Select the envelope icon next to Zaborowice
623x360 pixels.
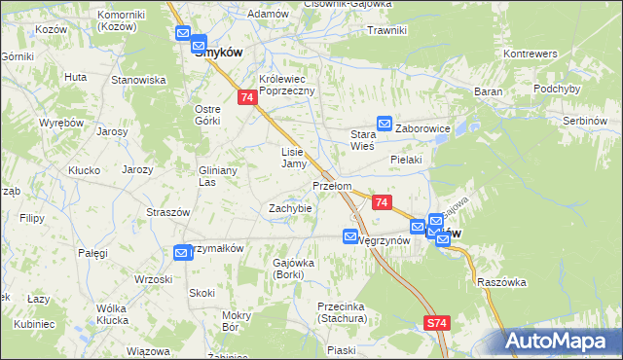(385, 124)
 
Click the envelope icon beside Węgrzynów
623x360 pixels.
(350, 235)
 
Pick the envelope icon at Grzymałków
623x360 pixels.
(181, 253)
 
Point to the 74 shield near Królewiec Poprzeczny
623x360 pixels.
(247, 98)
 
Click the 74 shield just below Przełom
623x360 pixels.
(382, 202)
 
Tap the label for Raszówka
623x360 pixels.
(502, 282)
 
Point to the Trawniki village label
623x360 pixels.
(386, 30)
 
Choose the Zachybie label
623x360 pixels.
(290, 208)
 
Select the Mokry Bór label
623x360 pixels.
(237, 321)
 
